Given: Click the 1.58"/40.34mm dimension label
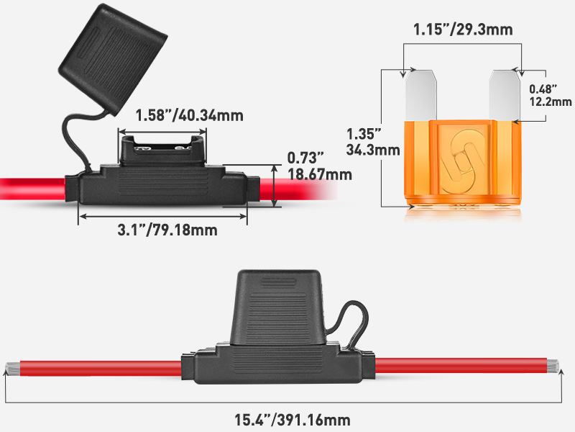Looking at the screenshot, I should tap(190, 115).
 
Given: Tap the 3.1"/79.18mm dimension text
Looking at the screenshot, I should tap(167, 230).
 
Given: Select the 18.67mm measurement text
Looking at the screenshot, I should tap(319, 175).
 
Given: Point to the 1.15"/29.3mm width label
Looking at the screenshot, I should tap(463, 30).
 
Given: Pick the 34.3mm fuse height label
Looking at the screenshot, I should tap(372, 150).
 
